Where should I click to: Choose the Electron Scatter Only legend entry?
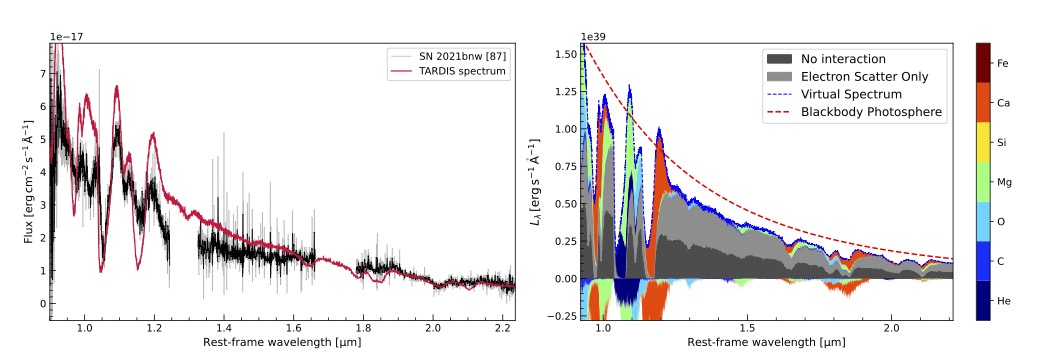[847, 77]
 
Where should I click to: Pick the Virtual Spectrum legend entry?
[834, 94]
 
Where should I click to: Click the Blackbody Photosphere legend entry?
[855, 112]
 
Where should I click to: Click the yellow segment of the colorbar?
[983, 142]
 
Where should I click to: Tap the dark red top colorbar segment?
[983, 63]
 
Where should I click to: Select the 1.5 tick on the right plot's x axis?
[747, 328]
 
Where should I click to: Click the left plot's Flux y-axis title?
[28, 182]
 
